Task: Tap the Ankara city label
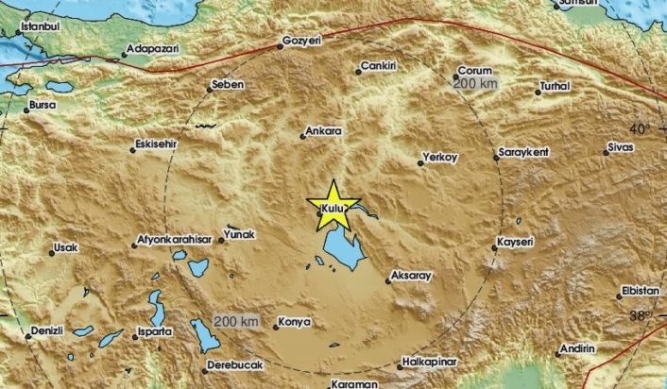click(325, 133)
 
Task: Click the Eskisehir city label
click(160, 146)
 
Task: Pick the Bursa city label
click(43, 105)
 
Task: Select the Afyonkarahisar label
click(172, 239)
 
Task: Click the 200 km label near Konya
click(236, 322)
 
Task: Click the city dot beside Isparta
click(138, 333)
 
